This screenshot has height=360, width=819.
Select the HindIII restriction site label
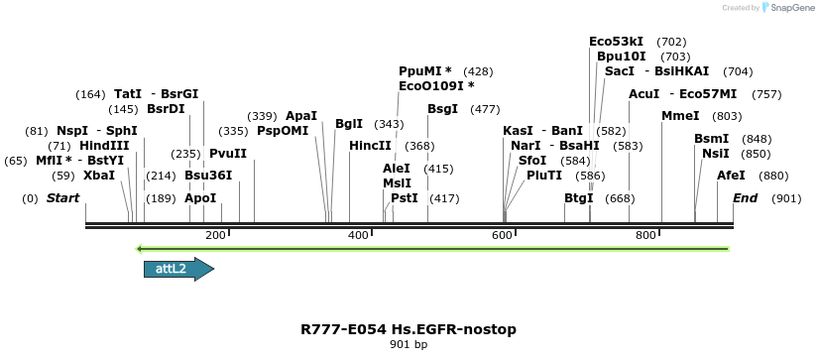click(104, 146)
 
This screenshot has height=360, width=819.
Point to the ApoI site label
click(200, 198)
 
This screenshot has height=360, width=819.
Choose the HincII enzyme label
click(370, 146)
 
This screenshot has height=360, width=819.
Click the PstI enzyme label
click(404, 198)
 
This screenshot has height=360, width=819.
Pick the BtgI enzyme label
click(578, 198)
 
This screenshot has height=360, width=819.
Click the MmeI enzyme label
click(680, 116)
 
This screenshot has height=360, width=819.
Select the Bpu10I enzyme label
click(622, 57)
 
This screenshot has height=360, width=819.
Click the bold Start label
click(62, 198)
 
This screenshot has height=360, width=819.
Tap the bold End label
click(745, 198)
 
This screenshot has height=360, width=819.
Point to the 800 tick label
click(646, 235)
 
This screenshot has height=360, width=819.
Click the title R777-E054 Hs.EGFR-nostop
click(409, 329)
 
